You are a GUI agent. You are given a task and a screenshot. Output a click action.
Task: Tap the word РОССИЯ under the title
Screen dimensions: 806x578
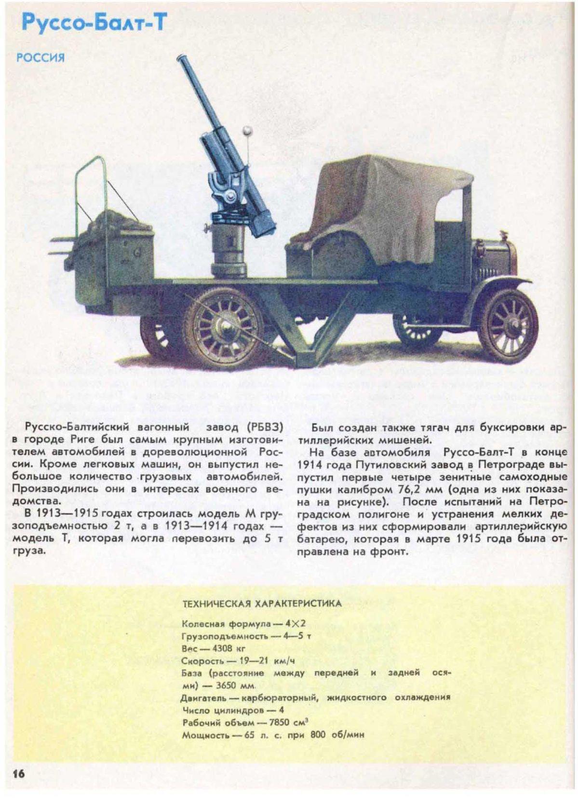click(x=40, y=58)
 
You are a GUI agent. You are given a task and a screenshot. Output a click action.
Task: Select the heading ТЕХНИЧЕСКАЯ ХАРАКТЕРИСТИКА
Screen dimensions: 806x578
click(x=262, y=603)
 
